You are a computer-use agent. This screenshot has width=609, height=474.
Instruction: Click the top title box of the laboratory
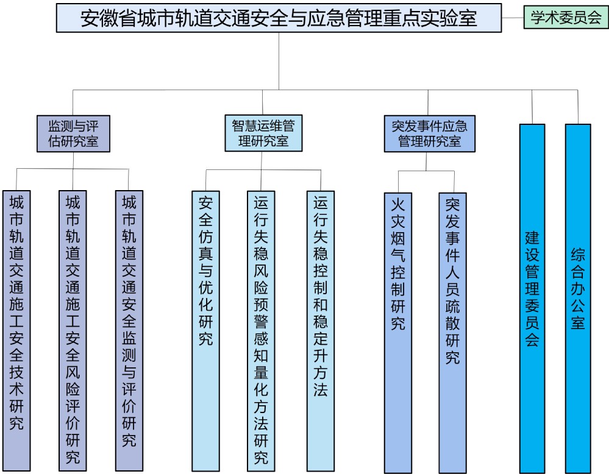pyautogui.click(x=279, y=18)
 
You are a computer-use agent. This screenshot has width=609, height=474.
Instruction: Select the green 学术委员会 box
pyautogui.click(x=566, y=18)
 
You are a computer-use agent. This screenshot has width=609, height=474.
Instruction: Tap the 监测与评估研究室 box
pyautogui.click(x=73, y=134)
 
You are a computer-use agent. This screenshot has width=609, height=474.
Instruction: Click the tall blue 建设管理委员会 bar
pyautogui.click(x=532, y=299)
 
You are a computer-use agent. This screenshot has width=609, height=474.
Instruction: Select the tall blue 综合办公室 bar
pyautogui.click(x=578, y=299)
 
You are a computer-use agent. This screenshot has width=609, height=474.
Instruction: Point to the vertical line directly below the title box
pyautogui.click(x=279, y=61)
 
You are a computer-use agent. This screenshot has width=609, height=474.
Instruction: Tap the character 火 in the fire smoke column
pyautogui.click(x=398, y=203)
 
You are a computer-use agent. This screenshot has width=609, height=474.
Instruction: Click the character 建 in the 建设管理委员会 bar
pyautogui.click(x=532, y=237)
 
